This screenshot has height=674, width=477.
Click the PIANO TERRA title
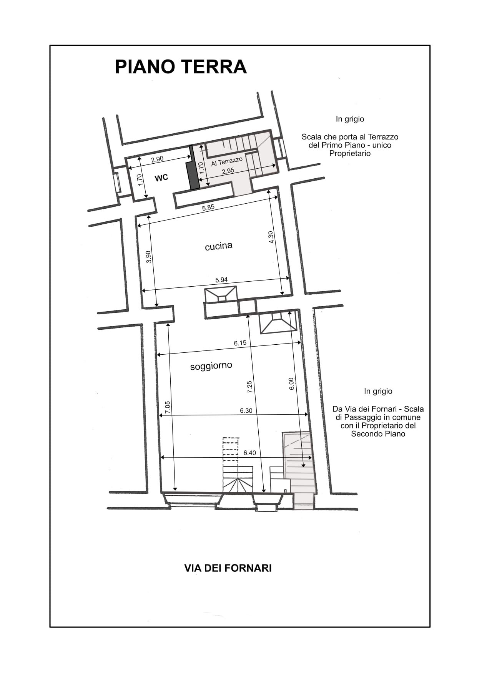point(181,67)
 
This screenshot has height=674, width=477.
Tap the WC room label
point(161,178)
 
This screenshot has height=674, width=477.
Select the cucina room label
point(219,246)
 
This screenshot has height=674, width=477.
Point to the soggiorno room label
point(211,365)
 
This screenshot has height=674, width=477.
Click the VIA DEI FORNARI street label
point(228,568)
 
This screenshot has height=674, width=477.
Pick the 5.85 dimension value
point(208,208)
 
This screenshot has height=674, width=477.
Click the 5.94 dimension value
point(221,280)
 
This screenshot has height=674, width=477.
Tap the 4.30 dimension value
point(271,237)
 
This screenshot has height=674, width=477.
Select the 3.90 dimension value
point(149,257)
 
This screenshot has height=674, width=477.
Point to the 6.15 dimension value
point(240,343)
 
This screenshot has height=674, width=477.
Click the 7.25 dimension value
point(250,387)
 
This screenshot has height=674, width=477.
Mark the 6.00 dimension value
point(291,383)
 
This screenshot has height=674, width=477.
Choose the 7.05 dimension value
point(167,407)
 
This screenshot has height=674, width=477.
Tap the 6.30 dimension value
point(246,410)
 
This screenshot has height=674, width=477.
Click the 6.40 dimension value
point(249,453)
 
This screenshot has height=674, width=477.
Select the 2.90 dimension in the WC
point(157,159)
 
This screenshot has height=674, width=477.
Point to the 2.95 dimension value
point(228,171)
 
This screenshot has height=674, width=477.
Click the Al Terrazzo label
point(227,162)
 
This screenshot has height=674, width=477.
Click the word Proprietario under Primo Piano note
point(350,153)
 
